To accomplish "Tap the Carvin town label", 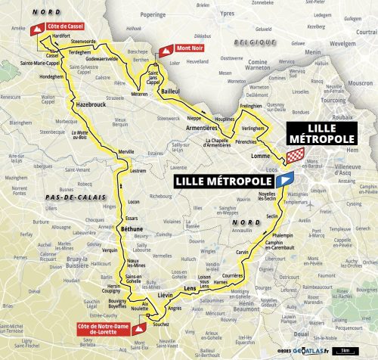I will (x=241, y=251).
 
